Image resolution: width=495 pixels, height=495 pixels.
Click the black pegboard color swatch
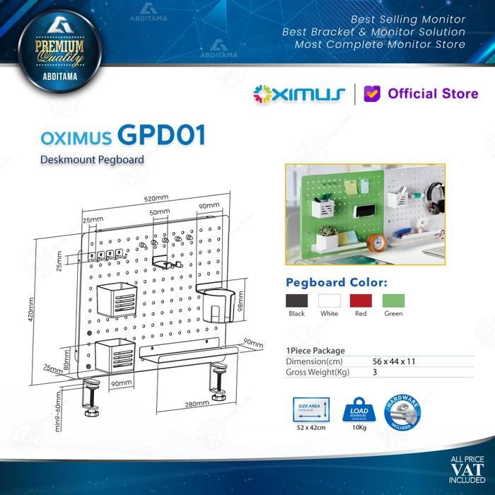pos(296,300)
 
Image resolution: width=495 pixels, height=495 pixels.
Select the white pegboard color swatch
pos(329,300)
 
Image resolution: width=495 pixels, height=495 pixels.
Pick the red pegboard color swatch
pos(361,300)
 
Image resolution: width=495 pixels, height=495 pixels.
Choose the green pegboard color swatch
pos(393,300)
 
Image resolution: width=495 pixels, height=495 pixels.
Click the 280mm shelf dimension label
pos(196,404)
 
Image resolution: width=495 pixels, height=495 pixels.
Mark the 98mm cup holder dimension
pos(240,302)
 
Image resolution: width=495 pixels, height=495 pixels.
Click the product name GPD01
pos(163,135)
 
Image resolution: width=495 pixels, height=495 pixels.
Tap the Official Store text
pos(433,93)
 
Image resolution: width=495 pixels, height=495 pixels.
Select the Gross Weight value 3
pos(375,371)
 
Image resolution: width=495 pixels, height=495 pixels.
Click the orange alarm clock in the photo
pos(378,243)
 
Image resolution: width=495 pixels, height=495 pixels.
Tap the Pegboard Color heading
pos(336,282)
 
